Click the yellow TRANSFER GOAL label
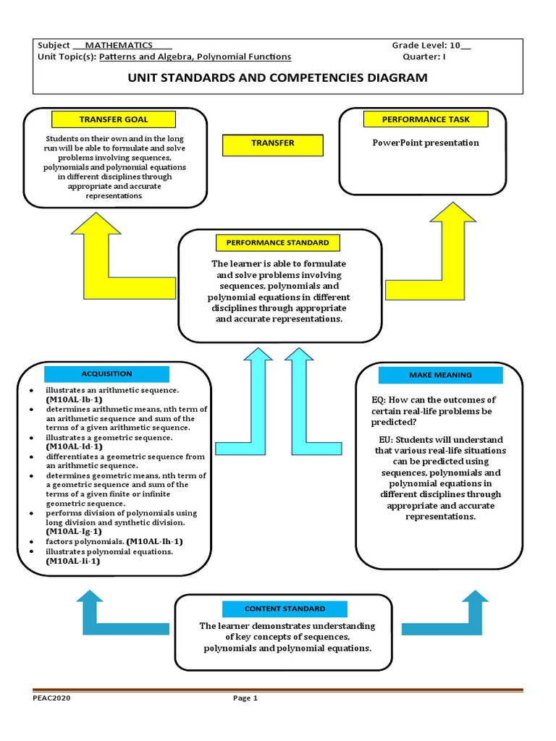click(113, 119)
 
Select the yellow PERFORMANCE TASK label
click(416, 119)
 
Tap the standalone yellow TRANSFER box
click(273, 143)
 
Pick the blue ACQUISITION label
click(106, 374)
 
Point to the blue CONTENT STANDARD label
click(285, 609)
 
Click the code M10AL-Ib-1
click(74, 399)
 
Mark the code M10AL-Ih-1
click(155, 541)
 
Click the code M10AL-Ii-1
click(73, 561)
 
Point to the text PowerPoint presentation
click(426, 143)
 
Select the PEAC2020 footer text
click(51, 698)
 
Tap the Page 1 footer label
click(245, 698)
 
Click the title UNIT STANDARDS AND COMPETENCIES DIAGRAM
click(277, 77)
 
